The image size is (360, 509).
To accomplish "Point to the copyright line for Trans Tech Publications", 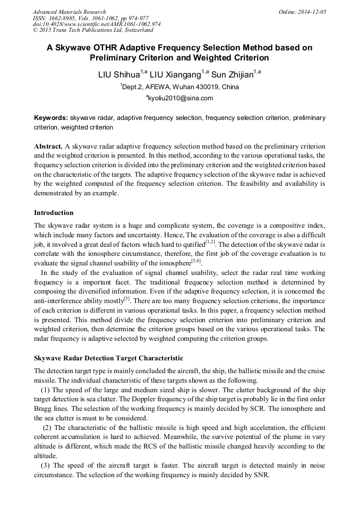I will pyautogui.click(x=93, y=30).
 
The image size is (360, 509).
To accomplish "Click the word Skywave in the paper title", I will pyautogui.click(x=78, y=47).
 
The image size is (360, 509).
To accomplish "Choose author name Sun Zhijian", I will pyautogui.click(x=232, y=74).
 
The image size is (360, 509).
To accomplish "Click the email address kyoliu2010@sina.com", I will pyautogui.click(x=181, y=98).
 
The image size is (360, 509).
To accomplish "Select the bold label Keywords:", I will pyautogui.click(x=51, y=118).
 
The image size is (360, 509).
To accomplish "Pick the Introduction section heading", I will pyautogui.click(x=54, y=213).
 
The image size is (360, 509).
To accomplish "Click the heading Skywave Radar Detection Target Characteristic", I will pyautogui.click(x=108, y=358).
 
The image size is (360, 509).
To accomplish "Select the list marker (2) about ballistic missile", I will pyautogui.click(x=47, y=428).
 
